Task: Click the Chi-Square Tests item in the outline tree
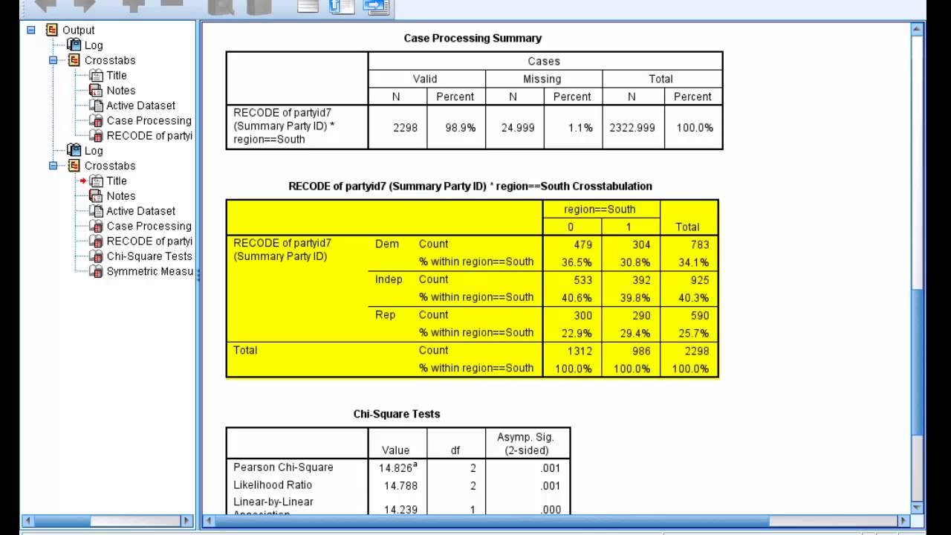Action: tap(149, 256)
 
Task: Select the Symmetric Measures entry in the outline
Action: tap(149, 271)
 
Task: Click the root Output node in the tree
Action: tap(78, 30)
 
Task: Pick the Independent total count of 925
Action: tap(699, 280)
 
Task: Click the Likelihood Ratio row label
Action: tap(273, 485)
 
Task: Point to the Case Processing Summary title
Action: tap(473, 38)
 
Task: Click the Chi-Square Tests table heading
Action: tap(397, 414)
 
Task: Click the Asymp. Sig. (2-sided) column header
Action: tap(528, 444)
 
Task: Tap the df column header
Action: tap(456, 450)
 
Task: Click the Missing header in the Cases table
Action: tap(542, 79)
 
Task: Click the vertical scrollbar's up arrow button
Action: tap(917, 30)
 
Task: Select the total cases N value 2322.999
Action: tap(632, 128)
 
